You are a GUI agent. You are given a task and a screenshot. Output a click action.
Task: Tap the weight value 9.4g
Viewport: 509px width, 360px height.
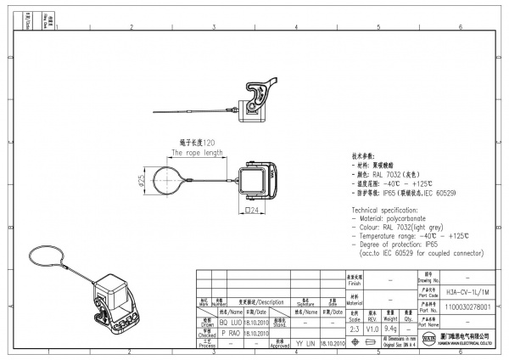click(x=391, y=328)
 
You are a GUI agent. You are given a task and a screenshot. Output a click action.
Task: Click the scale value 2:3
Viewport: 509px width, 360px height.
click(x=354, y=328)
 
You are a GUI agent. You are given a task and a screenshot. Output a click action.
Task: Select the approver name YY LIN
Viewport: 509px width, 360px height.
click(x=305, y=344)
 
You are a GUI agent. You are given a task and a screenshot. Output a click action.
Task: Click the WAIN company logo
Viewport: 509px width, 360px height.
click(x=428, y=339)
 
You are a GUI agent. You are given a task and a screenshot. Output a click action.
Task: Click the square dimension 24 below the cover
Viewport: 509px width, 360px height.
click(x=252, y=210)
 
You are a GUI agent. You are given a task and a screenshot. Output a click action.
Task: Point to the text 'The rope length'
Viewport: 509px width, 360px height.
click(x=197, y=154)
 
